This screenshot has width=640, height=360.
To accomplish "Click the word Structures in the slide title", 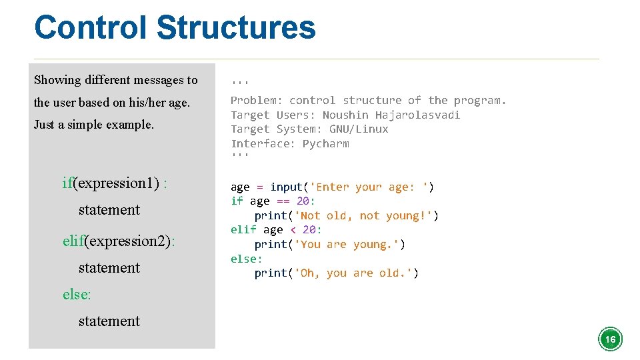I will pyautogui.click(x=235, y=28).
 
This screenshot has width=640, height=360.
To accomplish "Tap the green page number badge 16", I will pyautogui.click(x=610, y=339).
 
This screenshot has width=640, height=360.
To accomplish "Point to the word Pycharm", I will pyautogui.click(x=325, y=143).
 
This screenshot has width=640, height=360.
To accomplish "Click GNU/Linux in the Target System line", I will pyautogui.click(x=359, y=129).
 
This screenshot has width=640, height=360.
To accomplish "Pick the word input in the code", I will pyautogui.click(x=286, y=187).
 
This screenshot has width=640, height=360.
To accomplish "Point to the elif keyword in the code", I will pyautogui.click(x=243, y=229).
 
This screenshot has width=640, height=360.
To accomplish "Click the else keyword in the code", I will pyautogui.click(x=245, y=259).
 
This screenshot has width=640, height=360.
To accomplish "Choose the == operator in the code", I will pyautogui.click(x=283, y=201).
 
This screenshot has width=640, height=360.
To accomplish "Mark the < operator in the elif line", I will pyautogui.click(x=293, y=229).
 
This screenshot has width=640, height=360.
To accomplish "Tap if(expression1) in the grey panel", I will pyautogui.click(x=110, y=183).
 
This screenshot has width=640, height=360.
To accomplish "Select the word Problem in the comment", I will pyautogui.click(x=257, y=100).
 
